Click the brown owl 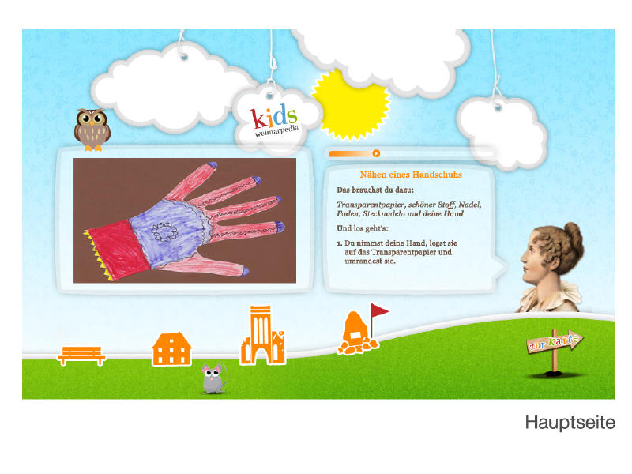point(92,130)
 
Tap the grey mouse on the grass point(214,378)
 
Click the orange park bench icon point(81,355)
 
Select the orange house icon point(171,349)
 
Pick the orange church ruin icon point(262,335)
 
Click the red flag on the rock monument point(379,310)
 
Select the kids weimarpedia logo point(275,120)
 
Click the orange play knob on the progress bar point(376,153)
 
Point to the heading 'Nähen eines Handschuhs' point(411,175)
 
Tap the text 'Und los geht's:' point(363,228)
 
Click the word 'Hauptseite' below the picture point(570,423)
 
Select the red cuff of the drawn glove point(118,250)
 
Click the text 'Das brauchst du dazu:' point(375,190)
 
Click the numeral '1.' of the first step point(340,244)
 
